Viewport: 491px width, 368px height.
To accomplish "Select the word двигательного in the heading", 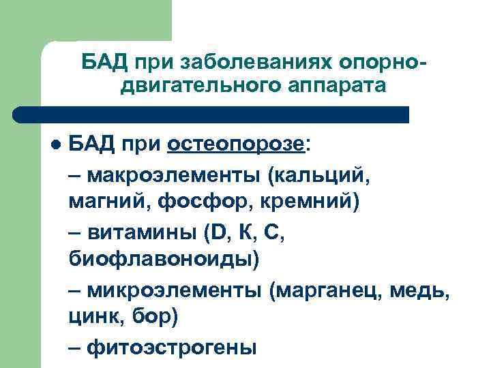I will click(194, 87).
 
